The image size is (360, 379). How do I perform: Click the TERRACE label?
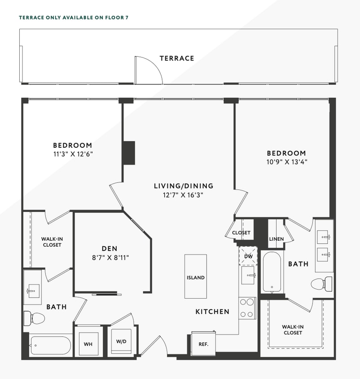(x=177, y=58)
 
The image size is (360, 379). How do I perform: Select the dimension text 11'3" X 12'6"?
(x=72, y=154)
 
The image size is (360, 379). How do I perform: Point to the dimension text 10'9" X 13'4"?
(x=286, y=161)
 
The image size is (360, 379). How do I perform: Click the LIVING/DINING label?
(x=183, y=186)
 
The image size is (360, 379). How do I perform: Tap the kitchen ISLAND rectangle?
(x=195, y=277)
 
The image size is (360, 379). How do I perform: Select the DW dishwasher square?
(x=248, y=256)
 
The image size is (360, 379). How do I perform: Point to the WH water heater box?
(x=88, y=344)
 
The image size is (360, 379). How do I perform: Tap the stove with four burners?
(x=246, y=308)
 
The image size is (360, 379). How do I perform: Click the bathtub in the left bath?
(x=50, y=345)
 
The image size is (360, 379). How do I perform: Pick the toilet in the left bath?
(x=34, y=318)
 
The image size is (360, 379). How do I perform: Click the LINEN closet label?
(x=277, y=239)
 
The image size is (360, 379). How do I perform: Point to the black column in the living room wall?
(x=129, y=153)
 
